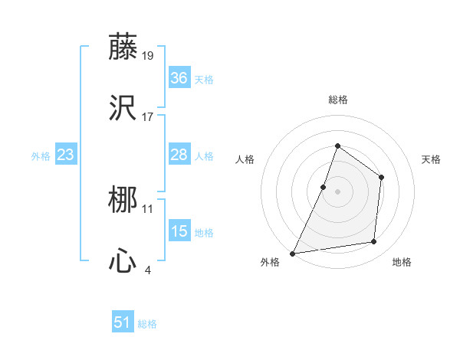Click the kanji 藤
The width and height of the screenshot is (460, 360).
click(x=123, y=47)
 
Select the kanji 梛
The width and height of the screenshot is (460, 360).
click(x=123, y=201)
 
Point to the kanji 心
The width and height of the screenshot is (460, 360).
click(x=123, y=261)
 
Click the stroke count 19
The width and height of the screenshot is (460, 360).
click(x=148, y=56)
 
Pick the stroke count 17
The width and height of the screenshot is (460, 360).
click(x=148, y=116)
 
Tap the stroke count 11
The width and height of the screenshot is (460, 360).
click(x=148, y=208)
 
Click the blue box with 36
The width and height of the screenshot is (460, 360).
click(x=179, y=78)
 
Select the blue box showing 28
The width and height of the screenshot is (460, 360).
click(x=179, y=155)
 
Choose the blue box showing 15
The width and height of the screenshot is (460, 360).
click(x=179, y=231)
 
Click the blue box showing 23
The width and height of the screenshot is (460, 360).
click(x=65, y=155)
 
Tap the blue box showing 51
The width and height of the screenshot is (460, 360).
click(x=123, y=323)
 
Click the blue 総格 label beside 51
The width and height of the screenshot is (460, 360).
click(x=147, y=324)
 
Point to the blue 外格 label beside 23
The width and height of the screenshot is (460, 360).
click(x=41, y=156)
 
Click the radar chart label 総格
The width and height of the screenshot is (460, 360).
click(x=337, y=100)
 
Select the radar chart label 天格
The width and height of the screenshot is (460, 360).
click(x=431, y=159)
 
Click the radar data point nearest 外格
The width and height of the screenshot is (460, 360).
click(x=293, y=254)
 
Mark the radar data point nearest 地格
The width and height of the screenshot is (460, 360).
click(x=374, y=242)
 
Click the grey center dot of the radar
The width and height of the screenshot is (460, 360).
click(x=337, y=191)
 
